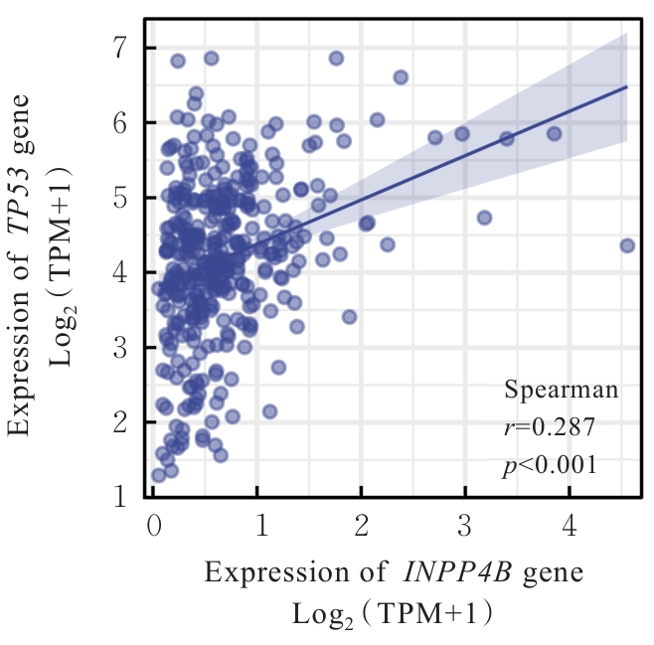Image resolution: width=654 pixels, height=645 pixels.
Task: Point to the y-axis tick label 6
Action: pos(120,122)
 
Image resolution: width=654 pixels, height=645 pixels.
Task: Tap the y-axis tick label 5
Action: pos(120,198)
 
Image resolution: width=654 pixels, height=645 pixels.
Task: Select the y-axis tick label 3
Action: pos(120,348)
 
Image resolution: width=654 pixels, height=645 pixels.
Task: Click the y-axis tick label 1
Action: pos(120,496)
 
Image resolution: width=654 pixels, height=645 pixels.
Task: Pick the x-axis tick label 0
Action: pos(153,525)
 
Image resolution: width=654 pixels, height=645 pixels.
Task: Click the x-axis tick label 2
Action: pos(361,525)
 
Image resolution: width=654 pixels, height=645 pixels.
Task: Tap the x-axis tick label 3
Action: pos(464,525)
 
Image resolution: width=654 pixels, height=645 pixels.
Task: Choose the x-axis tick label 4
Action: pos(569,525)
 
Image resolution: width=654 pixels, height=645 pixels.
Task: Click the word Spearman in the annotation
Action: pos(561,391)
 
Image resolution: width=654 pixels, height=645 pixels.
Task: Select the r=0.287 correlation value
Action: pos(549,427)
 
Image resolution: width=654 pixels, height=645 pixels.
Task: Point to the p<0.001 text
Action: pos(550,464)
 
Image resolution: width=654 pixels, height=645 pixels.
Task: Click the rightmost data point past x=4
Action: pos(627,245)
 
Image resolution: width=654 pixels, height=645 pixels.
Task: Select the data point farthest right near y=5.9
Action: pos(554,133)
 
